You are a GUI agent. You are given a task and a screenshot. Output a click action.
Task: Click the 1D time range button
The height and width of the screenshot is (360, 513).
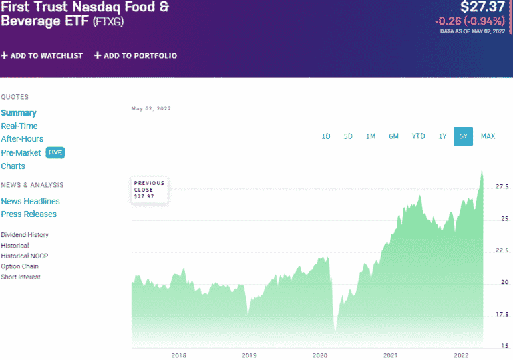point(326,136)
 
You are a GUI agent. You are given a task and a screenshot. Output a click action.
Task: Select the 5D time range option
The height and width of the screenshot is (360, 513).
point(348,136)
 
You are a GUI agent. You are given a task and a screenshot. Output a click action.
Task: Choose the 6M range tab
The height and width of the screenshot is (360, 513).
point(394,136)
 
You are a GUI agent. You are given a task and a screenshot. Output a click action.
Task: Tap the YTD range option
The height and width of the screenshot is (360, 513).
point(418,136)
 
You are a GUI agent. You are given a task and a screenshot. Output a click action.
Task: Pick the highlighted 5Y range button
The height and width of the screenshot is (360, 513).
point(463,136)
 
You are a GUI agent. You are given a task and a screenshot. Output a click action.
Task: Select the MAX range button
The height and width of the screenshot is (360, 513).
point(488,136)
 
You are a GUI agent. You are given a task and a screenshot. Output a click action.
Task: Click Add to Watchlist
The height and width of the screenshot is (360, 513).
point(42,55)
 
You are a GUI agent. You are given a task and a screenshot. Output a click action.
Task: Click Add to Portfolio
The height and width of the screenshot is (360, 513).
point(136,55)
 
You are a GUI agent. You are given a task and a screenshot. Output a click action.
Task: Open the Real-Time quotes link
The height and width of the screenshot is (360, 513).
point(19,126)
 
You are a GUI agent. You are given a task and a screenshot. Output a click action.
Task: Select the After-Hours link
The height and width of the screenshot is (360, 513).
point(22,139)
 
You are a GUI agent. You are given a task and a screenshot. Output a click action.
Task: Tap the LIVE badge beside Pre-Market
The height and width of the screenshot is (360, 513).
point(55,152)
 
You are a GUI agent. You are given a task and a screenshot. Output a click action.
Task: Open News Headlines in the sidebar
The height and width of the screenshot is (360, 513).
point(30,201)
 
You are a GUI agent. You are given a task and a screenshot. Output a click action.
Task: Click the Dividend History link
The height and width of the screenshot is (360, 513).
point(25,235)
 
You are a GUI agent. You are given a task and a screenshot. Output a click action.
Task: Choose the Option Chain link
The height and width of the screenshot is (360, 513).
point(19,266)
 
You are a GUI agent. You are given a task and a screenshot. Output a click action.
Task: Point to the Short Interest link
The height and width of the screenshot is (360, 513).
point(21,277)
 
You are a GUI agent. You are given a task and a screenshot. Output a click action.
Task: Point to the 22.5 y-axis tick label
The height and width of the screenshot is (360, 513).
point(501,250)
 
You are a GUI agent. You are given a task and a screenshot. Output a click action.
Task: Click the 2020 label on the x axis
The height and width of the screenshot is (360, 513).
point(320,355)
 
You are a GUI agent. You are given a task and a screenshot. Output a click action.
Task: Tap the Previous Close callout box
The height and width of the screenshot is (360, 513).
point(148,190)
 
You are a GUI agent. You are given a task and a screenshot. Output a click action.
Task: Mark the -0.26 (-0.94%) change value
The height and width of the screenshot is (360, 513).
point(470,21)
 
